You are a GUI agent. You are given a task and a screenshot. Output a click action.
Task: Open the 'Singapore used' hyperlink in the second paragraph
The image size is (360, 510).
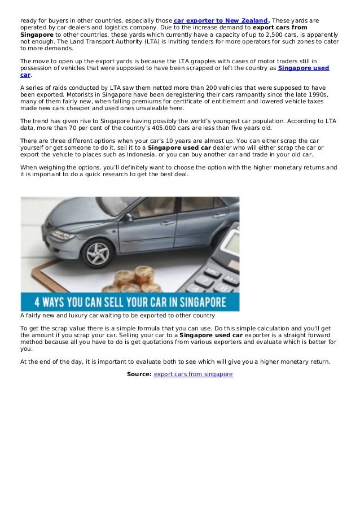point(304,68)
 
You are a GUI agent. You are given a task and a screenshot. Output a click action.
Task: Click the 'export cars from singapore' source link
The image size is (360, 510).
point(193,374)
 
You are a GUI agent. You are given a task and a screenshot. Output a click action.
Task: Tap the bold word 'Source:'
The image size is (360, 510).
point(139,374)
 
